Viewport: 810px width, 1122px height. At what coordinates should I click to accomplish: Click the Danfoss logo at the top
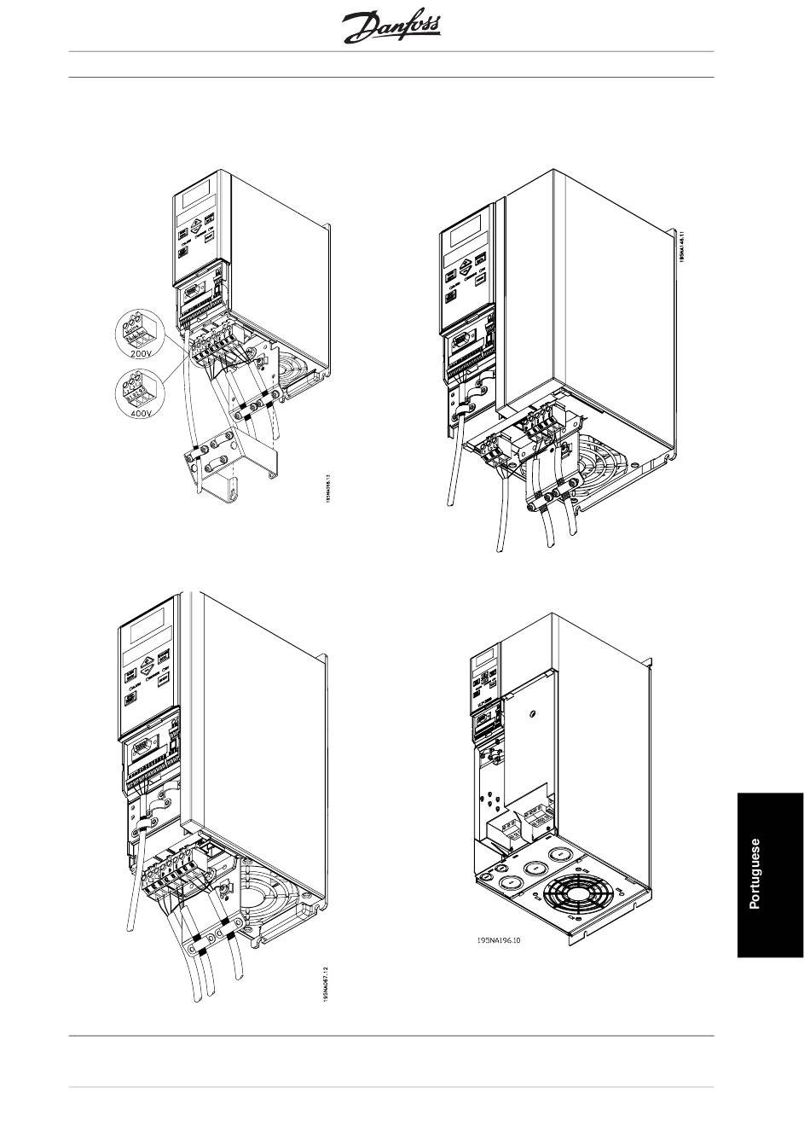(x=392, y=29)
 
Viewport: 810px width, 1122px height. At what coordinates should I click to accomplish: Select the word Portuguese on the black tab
(x=754, y=874)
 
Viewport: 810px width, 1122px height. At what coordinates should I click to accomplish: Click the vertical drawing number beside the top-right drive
(x=682, y=247)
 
